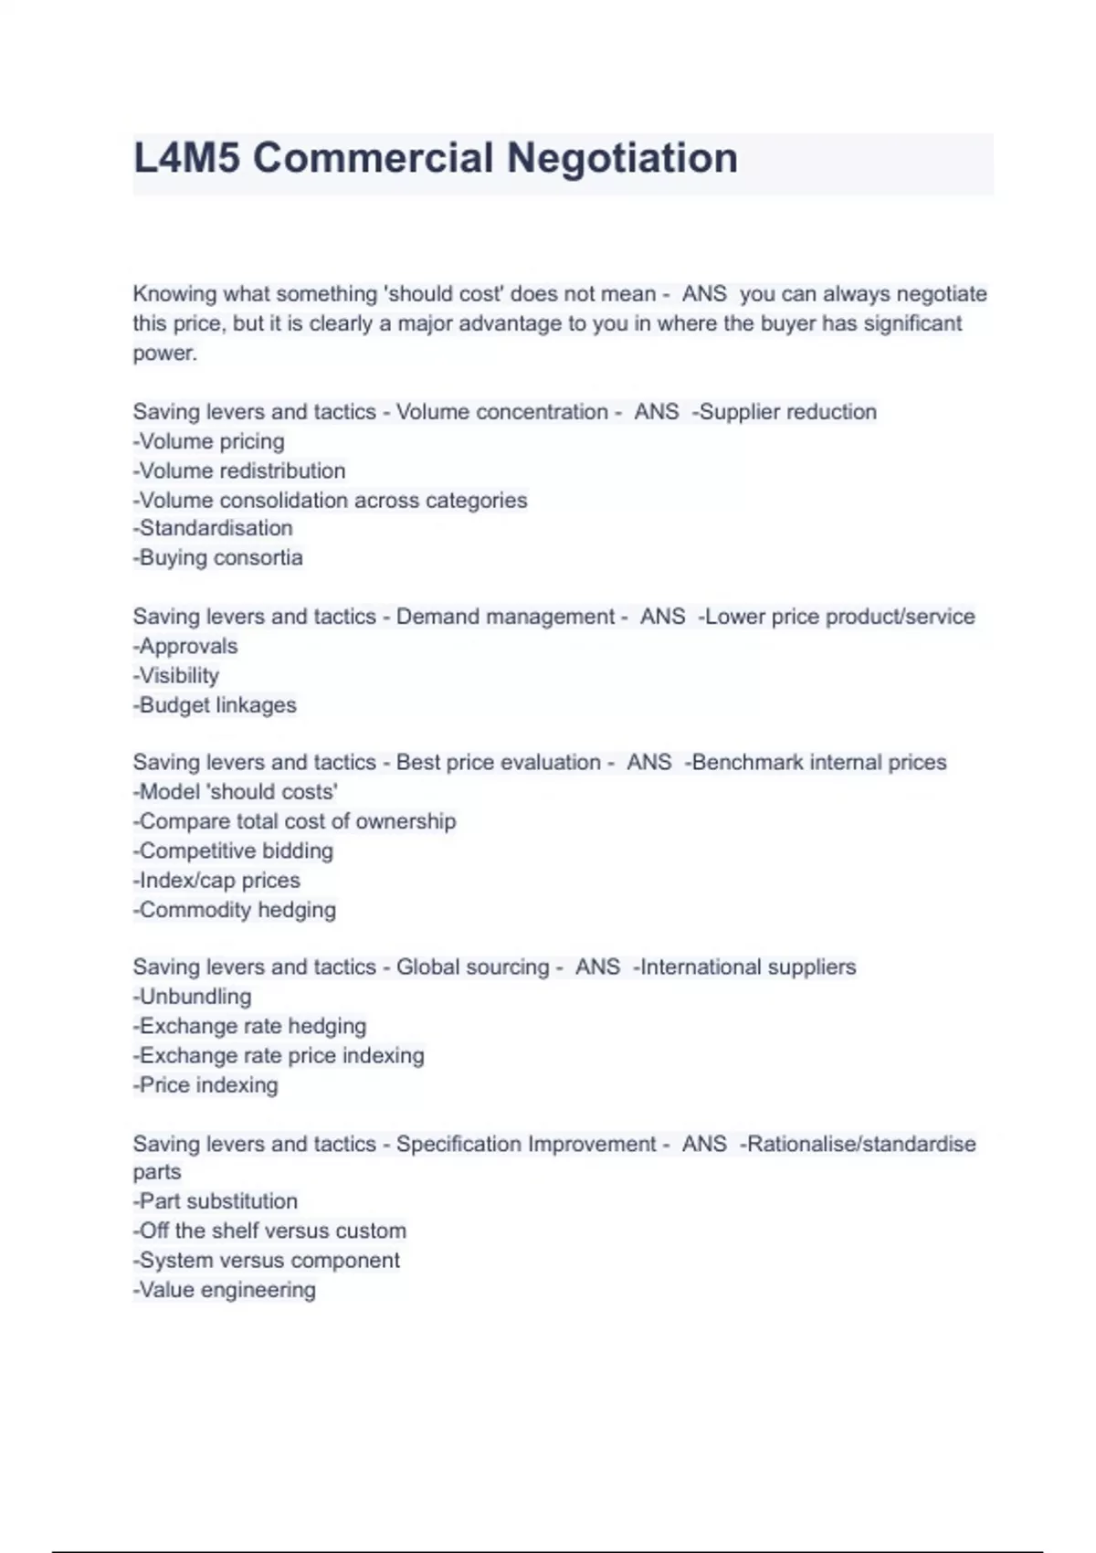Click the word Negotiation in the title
pyautogui.click(x=621, y=158)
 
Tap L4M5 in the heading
pyautogui.click(x=186, y=158)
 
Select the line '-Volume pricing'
pyautogui.click(x=209, y=442)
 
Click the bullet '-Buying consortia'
pyautogui.click(x=218, y=558)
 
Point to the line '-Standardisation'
pyautogui.click(x=213, y=528)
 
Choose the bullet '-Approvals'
pyautogui.click(x=185, y=647)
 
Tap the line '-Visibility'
pyautogui.click(x=176, y=676)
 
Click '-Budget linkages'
pyautogui.click(x=215, y=705)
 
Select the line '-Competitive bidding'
pyautogui.click(x=233, y=851)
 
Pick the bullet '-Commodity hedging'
pyautogui.click(x=235, y=910)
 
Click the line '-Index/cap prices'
pyautogui.click(x=216, y=881)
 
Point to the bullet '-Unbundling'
pyautogui.click(x=192, y=997)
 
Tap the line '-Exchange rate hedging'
pyautogui.click(x=249, y=1026)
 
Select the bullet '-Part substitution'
pyautogui.click(x=216, y=1201)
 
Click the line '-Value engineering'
pyautogui.click(x=225, y=1290)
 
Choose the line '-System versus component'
pyautogui.click(x=267, y=1261)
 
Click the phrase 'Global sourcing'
pyautogui.click(x=472, y=967)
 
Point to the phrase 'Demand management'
pyautogui.click(x=505, y=618)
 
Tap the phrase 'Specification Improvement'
pyautogui.click(x=526, y=1144)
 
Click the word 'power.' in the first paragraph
pyautogui.click(x=164, y=354)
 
